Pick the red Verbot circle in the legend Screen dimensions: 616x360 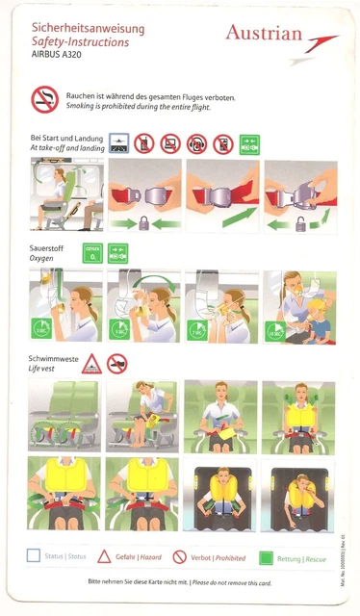[x=180, y=555]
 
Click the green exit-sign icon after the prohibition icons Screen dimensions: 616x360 [x=249, y=144]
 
